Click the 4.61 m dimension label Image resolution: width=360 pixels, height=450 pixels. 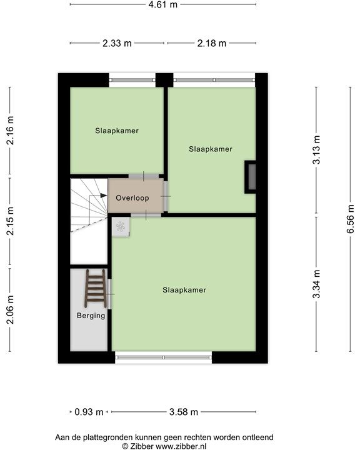point(162,5)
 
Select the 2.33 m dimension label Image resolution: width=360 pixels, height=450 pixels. point(117,43)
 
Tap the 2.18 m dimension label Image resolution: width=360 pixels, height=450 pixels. point(211,43)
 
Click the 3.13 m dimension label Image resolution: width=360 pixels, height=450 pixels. point(317,150)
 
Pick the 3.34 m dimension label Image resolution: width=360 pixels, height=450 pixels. point(317,284)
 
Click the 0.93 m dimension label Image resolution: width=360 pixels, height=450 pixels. point(89,412)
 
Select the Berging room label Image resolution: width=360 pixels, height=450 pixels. point(91,316)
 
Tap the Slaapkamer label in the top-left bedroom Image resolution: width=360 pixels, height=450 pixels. point(117,131)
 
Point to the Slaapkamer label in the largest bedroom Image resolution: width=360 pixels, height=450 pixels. point(184,290)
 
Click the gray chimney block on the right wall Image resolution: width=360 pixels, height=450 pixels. point(251,176)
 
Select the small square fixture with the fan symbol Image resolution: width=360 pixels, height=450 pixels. point(121,226)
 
